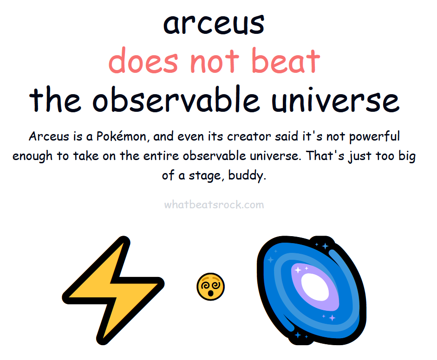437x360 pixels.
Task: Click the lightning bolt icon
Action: (113, 289)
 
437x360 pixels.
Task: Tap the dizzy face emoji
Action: (211, 287)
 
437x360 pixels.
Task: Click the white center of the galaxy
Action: (315, 287)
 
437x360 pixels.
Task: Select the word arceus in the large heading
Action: (214, 24)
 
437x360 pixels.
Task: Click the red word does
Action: (143, 60)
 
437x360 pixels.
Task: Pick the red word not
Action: (215, 61)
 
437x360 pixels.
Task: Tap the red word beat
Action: (286, 60)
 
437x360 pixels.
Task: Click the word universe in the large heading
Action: (336, 99)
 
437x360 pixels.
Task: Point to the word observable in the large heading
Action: (176, 98)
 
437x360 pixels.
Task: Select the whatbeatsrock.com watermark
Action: (214, 205)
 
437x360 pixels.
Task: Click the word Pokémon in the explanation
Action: (122, 136)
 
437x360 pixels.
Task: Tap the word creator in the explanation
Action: (249, 136)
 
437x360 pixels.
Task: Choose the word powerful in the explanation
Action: (374, 137)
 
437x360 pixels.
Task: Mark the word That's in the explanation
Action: (325, 155)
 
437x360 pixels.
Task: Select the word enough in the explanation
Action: (33, 156)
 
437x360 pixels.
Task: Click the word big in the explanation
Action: (407, 156)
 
